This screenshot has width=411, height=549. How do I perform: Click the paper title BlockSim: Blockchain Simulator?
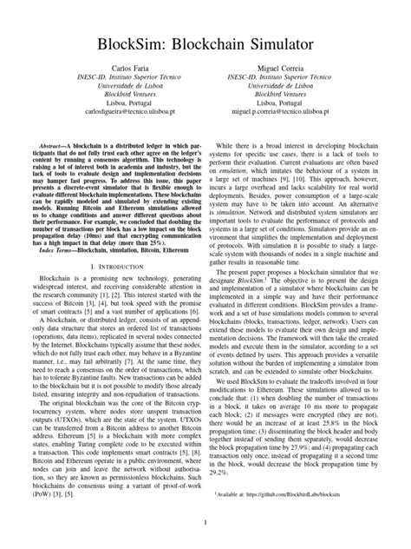[205, 44]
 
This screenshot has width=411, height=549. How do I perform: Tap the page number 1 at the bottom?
[205, 521]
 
